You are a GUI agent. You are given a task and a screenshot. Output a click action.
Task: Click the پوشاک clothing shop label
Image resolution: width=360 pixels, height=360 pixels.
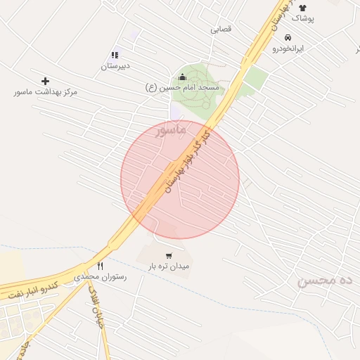click(303, 18)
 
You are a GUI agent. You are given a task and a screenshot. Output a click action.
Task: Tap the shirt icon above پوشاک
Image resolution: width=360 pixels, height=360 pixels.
click(303, 7)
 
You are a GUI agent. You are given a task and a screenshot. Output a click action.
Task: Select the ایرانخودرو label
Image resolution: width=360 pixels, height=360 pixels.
click(288, 49)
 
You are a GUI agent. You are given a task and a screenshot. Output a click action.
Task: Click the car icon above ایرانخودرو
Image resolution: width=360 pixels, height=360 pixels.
click(288, 37)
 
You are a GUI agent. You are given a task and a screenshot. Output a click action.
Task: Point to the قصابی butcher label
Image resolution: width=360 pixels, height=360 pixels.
click(221, 30)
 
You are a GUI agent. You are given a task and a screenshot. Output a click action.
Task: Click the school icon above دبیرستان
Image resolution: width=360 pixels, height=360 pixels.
click(115, 55)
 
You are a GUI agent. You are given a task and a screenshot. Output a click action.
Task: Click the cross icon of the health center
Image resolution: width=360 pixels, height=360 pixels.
click(46, 81)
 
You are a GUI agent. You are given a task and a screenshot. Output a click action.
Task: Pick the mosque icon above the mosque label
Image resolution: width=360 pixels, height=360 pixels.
click(182, 77)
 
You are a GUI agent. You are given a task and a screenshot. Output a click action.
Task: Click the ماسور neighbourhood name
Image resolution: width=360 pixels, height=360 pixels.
click(171, 130)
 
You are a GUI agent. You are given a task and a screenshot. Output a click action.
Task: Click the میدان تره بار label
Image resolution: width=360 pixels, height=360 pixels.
click(169, 267)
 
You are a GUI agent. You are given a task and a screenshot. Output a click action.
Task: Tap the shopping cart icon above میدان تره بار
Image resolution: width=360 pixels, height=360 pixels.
click(169, 256)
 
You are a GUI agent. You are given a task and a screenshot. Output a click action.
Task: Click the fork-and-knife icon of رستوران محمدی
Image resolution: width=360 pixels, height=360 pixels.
click(101, 266)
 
